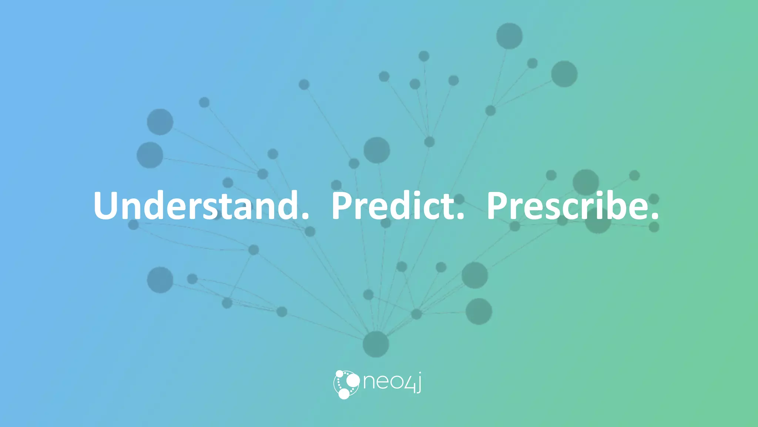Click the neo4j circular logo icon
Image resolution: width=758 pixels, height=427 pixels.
[346, 384]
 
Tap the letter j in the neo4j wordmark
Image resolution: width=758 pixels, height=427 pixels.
[418, 383]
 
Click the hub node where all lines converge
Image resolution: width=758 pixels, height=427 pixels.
[376, 344]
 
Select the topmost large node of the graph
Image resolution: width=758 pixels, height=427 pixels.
[509, 36]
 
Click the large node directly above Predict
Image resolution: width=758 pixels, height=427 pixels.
[377, 150]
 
